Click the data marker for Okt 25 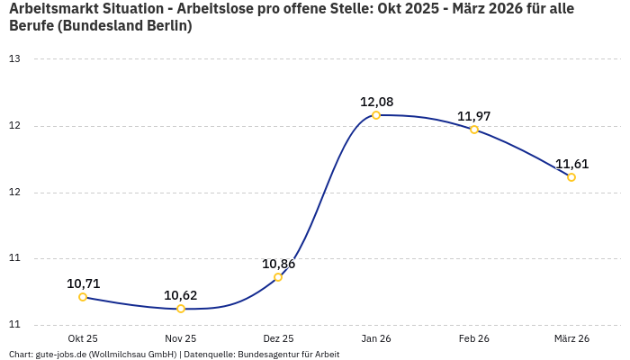pyautogui.click(x=83, y=297)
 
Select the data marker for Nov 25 pyautogui.click(x=181, y=309)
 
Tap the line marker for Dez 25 pyautogui.click(x=278, y=277)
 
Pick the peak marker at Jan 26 pyautogui.click(x=376, y=115)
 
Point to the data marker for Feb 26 pyautogui.click(x=474, y=130)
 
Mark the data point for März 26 pyautogui.click(x=571, y=177)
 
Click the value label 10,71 pyautogui.click(x=83, y=283)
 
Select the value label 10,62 pyautogui.click(x=181, y=295)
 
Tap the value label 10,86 pyautogui.click(x=278, y=264)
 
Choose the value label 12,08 pyautogui.click(x=376, y=102)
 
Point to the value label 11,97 pyautogui.click(x=474, y=116)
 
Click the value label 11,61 pyautogui.click(x=571, y=164)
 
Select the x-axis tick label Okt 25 pyautogui.click(x=83, y=338)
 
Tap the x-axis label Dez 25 pyautogui.click(x=278, y=338)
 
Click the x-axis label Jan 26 pyautogui.click(x=376, y=338)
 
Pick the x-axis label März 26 pyautogui.click(x=571, y=338)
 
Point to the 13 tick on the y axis pyautogui.click(x=14, y=59)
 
